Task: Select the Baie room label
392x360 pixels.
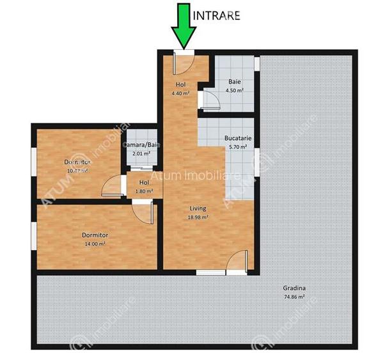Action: pos(235,82)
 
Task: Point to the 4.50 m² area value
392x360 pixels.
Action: pos(235,90)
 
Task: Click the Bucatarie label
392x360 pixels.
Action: pos(237,137)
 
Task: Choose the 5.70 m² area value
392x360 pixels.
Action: pos(237,146)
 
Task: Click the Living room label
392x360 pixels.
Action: pos(198,208)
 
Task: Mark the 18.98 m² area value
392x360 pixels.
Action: pos(198,217)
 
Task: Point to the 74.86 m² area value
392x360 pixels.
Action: pos(294,297)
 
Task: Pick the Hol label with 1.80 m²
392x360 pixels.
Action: pos(143,182)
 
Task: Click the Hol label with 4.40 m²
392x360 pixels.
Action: pos(181,84)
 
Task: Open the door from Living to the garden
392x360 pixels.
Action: pos(237,262)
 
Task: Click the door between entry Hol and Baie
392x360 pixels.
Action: pos(206,98)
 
